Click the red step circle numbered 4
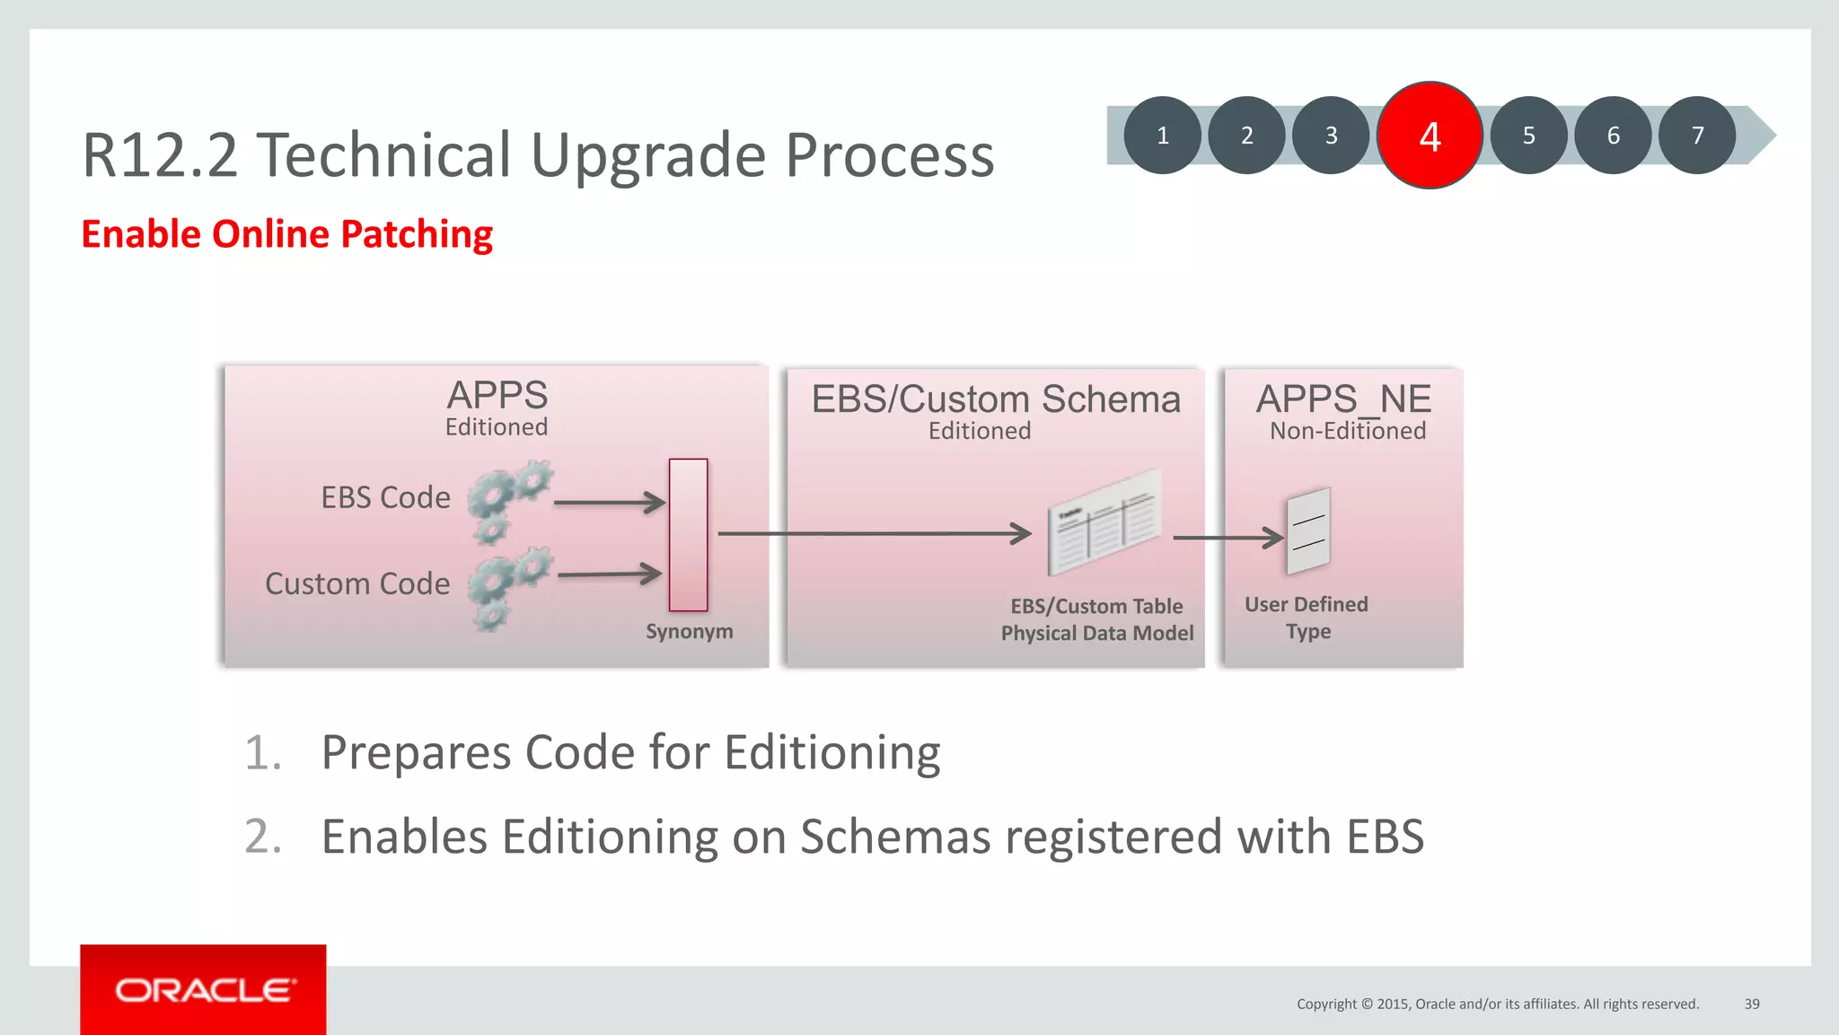1430,136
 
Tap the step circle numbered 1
1162,136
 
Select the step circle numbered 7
1696,136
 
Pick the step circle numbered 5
1528,136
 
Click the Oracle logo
204,990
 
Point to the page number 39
1751,1004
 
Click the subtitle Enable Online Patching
286,234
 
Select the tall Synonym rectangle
688,535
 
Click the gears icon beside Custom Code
508,588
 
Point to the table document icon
1104,522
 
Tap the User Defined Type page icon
1308,531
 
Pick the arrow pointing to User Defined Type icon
1227,538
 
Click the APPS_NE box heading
1343,399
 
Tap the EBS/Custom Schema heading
996,399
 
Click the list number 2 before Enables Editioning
262,837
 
